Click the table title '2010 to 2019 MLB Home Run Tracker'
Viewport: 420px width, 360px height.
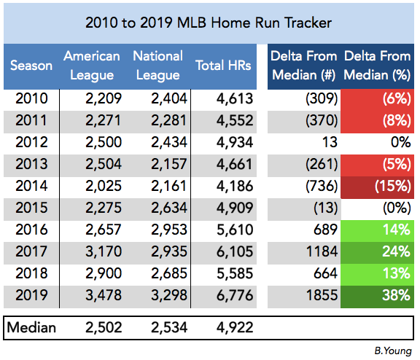[x=209, y=23]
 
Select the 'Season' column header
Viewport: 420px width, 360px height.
[x=31, y=66]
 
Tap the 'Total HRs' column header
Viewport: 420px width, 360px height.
[x=223, y=66]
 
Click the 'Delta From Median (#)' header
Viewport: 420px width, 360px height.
[x=304, y=66]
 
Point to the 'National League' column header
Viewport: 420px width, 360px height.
[x=158, y=66]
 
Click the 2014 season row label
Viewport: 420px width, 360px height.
[x=31, y=186]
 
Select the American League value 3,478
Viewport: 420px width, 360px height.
[x=104, y=295]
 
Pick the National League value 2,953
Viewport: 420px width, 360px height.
[x=168, y=230]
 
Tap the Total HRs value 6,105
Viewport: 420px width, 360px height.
[x=235, y=251]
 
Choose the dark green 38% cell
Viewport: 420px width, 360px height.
[x=377, y=297]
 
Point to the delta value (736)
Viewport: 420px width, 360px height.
[x=322, y=186]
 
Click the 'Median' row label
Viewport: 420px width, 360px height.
[x=31, y=327]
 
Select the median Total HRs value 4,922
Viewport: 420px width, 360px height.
[x=235, y=328]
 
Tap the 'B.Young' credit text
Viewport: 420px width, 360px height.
[x=393, y=351]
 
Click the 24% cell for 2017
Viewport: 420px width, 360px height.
[x=377, y=253]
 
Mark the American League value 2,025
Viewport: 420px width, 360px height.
[x=104, y=186]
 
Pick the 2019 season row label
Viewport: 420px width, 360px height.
[x=31, y=295]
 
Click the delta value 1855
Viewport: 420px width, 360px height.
[x=322, y=295]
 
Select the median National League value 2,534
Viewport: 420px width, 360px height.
[x=168, y=328]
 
